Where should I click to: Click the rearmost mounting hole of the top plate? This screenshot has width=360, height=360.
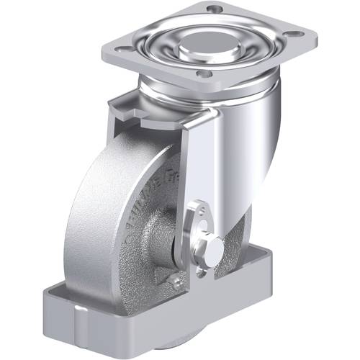pos(213,8)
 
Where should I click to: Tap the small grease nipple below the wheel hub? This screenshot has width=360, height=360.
pos(176,282)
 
